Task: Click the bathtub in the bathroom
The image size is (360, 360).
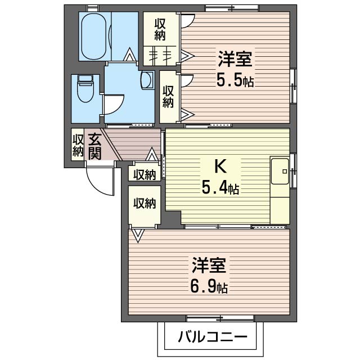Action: (94, 36)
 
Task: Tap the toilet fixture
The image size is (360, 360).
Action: (85, 88)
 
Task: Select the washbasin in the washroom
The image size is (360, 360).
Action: (147, 80)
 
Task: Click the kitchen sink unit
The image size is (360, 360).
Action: (280, 171)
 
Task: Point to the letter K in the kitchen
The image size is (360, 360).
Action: (220, 166)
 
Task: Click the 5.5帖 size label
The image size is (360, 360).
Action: (235, 80)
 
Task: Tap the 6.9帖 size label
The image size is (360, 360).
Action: (209, 287)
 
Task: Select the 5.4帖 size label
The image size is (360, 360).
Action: (220, 187)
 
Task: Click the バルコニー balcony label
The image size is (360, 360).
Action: (213, 337)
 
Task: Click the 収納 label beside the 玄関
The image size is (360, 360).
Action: (78, 145)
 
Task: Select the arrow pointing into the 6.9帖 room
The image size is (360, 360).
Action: (138, 235)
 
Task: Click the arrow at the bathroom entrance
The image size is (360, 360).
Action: (129, 55)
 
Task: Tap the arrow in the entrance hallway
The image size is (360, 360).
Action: (151, 154)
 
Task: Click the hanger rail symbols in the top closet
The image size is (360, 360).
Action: (160, 55)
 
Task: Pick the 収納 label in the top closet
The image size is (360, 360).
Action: (160, 30)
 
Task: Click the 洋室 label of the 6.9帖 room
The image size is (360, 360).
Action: (209, 266)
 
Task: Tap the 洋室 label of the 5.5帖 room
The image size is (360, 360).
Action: (235, 60)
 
